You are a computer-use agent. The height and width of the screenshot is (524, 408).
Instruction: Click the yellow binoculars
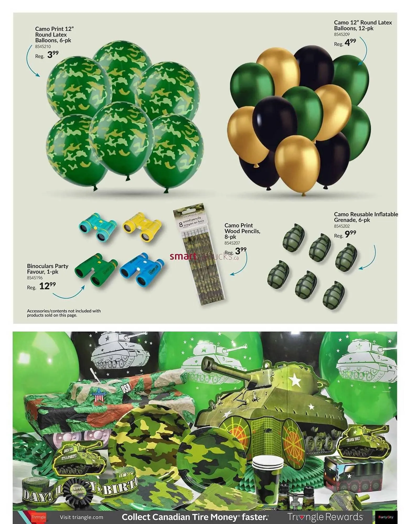click(142, 227)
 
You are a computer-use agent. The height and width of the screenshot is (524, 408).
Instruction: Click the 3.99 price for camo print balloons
click(53, 55)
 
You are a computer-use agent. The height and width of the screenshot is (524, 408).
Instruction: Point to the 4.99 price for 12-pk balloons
click(350, 42)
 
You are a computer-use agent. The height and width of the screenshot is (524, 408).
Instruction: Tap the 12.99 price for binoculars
click(47, 286)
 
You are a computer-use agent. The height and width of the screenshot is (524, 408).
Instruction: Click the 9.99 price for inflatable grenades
click(350, 234)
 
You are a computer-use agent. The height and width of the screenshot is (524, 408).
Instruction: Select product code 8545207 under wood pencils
click(232, 243)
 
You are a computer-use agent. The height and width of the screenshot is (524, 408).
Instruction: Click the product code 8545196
click(35, 278)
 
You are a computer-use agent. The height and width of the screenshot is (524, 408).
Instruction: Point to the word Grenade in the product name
click(344, 220)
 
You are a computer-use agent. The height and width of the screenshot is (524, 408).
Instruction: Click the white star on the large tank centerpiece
click(296, 379)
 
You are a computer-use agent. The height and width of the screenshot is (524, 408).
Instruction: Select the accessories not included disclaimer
click(64, 313)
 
